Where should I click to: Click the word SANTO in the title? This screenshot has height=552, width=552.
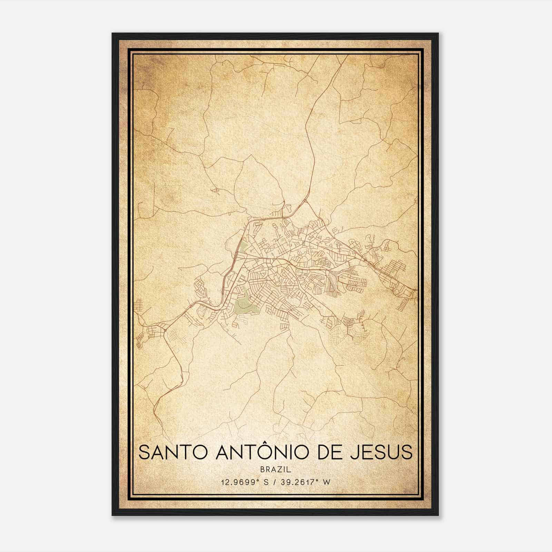coord(174,452)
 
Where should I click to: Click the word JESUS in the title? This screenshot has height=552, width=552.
coord(381,452)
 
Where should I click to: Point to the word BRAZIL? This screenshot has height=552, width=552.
coord(276,470)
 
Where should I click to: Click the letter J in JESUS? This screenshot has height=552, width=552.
coord(354,452)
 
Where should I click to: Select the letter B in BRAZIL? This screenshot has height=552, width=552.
coord(263,470)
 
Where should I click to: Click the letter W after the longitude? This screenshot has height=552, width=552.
coord(327,482)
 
